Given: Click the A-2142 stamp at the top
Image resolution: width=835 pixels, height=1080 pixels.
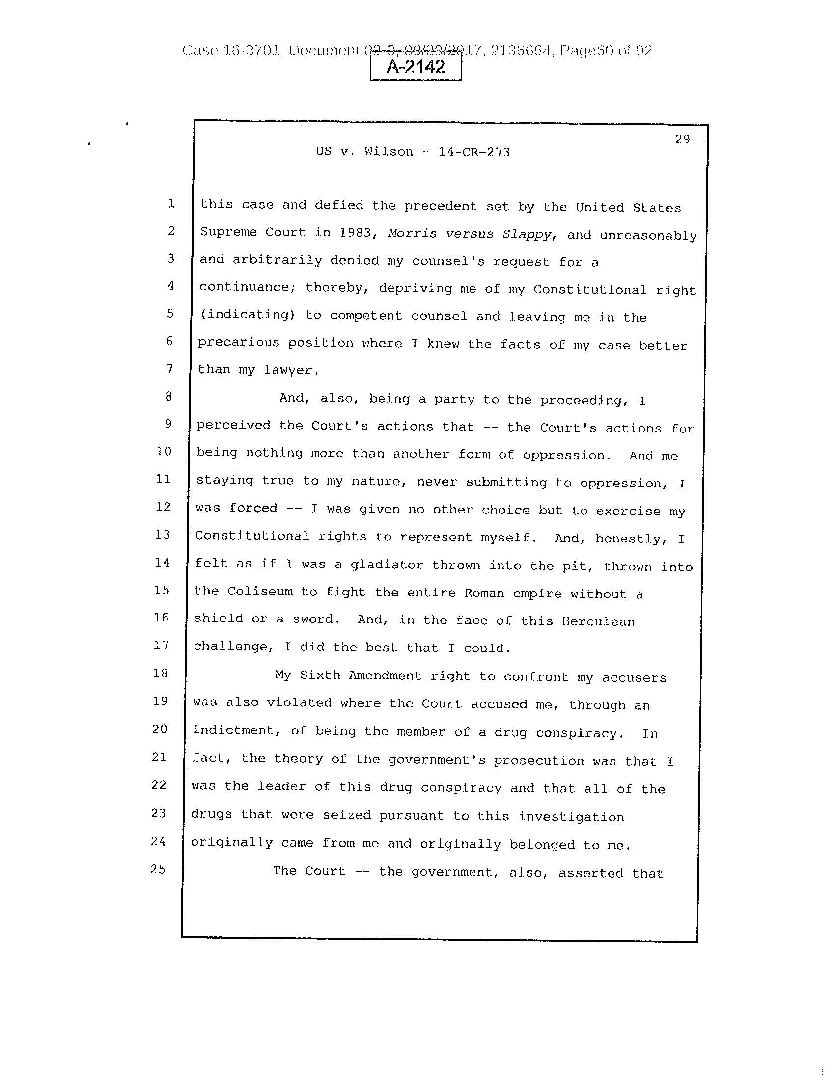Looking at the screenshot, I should point(416,67).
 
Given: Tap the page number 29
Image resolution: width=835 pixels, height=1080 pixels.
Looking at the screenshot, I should point(682,139).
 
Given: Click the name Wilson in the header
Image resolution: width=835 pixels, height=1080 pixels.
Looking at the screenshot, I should point(389,151).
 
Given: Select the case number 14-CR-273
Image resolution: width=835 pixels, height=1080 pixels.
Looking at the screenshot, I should point(474,152).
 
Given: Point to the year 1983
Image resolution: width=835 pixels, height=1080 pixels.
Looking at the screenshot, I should point(355,233).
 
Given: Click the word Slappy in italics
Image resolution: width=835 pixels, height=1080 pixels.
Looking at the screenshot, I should point(527,234).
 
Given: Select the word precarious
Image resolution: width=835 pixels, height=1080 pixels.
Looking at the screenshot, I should point(238,342).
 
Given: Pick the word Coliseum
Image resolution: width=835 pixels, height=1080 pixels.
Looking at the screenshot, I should point(260,592).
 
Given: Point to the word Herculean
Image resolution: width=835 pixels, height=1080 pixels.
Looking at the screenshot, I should point(598,621).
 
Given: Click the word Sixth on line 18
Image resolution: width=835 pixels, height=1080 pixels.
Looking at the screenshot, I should point(320,675).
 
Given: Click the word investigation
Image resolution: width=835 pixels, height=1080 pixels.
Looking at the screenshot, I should point(571,817).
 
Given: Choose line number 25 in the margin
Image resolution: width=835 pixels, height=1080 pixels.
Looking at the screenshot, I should point(158,869).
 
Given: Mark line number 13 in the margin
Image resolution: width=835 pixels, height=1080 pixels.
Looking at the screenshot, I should point(162,535).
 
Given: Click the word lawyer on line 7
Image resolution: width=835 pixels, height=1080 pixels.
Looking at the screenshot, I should point(289,370).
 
